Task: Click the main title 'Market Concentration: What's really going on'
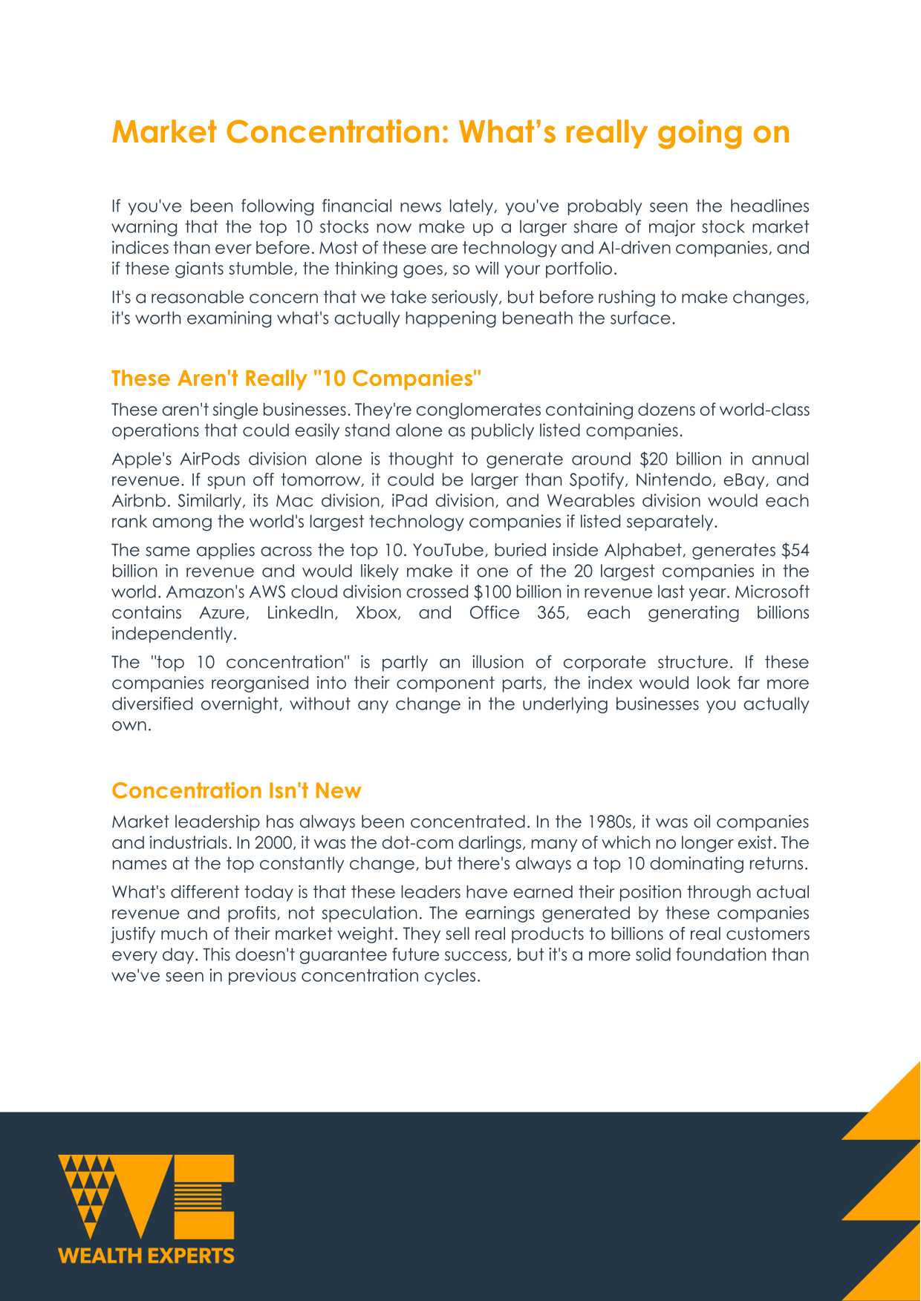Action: [x=450, y=132]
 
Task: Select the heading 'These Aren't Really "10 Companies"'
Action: [x=296, y=378]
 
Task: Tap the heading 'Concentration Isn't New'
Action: [x=236, y=790]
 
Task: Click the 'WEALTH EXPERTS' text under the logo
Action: [x=146, y=1256]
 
